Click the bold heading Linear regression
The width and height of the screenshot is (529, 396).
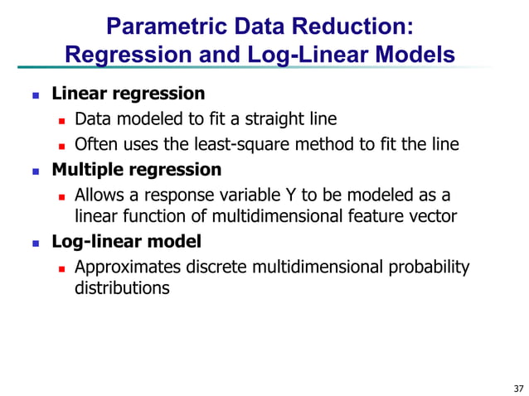(129, 93)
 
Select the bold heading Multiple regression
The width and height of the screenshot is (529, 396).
(137, 170)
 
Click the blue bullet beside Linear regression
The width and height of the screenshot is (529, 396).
(35, 94)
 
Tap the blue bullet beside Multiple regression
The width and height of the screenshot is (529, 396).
(35, 171)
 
